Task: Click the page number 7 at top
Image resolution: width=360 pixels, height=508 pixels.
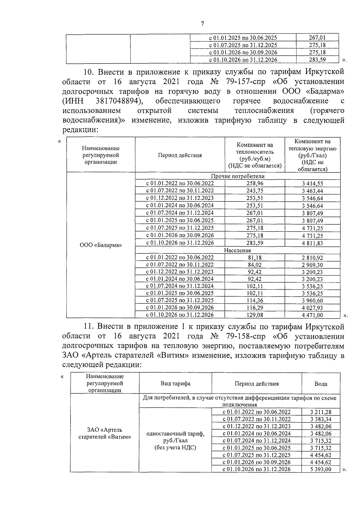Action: tap(202, 24)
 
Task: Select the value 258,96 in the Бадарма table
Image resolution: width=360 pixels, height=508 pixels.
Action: tap(255, 183)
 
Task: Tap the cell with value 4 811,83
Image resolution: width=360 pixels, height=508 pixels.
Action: tap(312, 243)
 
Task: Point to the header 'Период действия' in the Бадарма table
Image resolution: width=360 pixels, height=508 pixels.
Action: tap(180, 155)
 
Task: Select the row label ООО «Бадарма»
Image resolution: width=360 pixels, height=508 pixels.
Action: tap(101, 245)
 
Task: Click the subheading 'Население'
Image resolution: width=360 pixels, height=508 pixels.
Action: tap(238, 250)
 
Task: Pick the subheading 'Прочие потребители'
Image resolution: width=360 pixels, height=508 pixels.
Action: tap(238, 176)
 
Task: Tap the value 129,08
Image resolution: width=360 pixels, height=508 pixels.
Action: tap(255, 315)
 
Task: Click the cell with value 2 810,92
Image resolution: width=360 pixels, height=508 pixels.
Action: tap(312, 258)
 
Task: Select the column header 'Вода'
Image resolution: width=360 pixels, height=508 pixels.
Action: tap(321, 384)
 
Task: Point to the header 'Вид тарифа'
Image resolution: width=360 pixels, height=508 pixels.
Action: tap(175, 384)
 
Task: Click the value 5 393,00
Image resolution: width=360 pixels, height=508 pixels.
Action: tap(321, 469)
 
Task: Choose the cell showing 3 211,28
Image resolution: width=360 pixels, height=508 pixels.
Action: tap(321, 412)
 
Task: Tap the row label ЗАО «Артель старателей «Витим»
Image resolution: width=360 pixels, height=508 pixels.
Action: tap(105, 434)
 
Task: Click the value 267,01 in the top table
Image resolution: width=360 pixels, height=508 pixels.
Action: tap(317, 38)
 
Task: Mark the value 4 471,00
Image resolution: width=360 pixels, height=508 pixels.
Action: tap(312, 315)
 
